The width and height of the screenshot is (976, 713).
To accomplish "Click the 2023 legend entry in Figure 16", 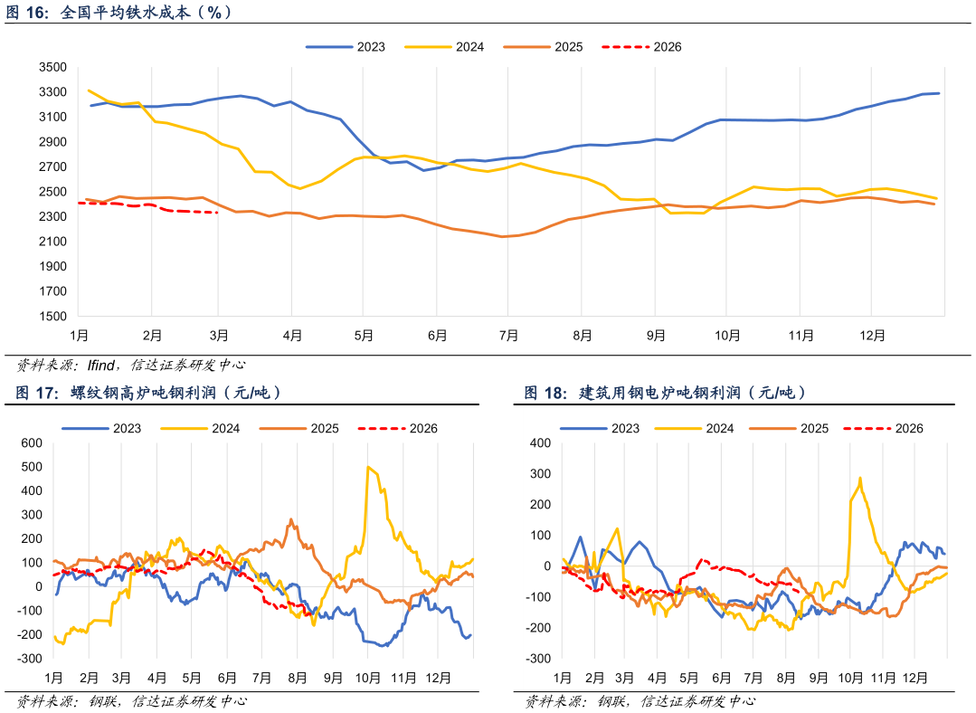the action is (x=346, y=47).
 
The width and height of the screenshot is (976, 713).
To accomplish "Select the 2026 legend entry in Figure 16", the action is (x=641, y=47).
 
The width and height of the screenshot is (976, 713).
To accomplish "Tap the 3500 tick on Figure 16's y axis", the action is (x=52, y=67).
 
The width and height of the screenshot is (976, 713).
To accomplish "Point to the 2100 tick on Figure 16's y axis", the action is (x=52, y=242).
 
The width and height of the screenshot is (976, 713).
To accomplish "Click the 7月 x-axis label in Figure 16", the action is (x=508, y=336).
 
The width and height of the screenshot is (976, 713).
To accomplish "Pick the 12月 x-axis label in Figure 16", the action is (x=872, y=336).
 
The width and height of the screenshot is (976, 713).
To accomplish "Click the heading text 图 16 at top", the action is (x=27, y=13).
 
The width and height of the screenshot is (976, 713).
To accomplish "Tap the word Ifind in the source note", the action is (x=100, y=365).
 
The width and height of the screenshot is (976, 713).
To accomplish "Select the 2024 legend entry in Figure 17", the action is (x=201, y=428).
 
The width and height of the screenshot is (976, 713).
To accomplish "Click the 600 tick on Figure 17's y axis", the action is (x=32, y=443).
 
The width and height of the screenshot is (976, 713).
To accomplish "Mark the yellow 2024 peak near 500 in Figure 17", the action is (x=368, y=467).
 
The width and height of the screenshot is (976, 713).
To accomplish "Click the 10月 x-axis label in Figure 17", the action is (x=367, y=678).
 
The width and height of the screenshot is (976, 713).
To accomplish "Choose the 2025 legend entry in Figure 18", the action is (x=790, y=428).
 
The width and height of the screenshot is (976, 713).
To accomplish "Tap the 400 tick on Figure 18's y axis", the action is (x=540, y=443).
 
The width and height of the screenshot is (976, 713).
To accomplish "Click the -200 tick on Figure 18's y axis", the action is (x=538, y=628).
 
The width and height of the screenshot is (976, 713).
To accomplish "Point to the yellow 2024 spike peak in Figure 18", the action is (x=859, y=479).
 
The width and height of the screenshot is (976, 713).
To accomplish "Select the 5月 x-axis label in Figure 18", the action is (x=688, y=678).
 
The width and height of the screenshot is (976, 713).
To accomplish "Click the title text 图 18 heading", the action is (x=545, y=393).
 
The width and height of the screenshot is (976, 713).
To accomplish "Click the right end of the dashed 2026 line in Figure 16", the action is (x=216, y=213).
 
